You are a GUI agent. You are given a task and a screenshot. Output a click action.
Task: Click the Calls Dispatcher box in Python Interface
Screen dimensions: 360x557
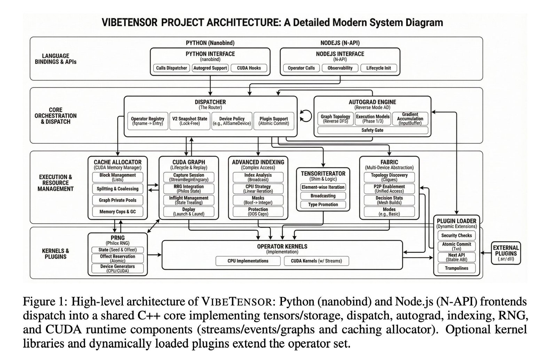click(x=171, y=68)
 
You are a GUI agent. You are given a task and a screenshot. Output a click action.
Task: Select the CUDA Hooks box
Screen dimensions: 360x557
click(x=249, y=68)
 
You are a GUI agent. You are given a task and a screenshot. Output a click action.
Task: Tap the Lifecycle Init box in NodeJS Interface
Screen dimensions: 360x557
click(x=378, y=68)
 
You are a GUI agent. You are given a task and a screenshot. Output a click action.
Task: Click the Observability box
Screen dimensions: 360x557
click(x=340, y=68)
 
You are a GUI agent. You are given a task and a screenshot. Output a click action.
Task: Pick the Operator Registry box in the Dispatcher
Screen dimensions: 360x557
click(x=148, y=121)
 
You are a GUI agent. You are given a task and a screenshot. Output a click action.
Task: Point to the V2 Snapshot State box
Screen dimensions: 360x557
click(x=190, y=121)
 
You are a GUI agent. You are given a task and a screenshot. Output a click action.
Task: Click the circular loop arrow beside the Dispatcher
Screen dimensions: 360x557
click(x=306, y=116)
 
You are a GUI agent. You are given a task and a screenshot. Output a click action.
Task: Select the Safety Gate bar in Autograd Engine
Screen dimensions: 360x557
click(x=372, y=130)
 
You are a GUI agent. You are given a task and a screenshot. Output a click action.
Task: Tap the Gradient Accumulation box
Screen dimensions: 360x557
click(x=410, y=119)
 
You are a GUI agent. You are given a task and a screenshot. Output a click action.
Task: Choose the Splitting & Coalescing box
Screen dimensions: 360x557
click(x=118, y=189)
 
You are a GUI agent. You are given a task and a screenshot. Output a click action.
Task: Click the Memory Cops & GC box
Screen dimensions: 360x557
click(x=118, y=212)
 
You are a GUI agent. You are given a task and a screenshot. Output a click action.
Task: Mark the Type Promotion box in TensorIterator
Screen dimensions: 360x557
click(x=323, y=205)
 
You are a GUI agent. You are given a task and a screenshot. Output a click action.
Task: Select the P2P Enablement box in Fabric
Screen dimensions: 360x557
click(x=389, y=189)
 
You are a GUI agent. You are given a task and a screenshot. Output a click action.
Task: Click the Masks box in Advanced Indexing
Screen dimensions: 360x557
click(x=258, y=200)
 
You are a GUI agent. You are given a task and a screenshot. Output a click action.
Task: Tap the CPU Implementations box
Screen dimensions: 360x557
click(x=248, y=261)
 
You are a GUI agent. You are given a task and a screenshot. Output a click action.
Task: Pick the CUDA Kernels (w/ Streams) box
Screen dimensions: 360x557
click(x=316, y=261)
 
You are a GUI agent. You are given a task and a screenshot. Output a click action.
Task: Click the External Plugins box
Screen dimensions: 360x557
click(x=505, y=253)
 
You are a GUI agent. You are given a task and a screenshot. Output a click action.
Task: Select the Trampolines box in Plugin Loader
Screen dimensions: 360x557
click(x=456, y=268)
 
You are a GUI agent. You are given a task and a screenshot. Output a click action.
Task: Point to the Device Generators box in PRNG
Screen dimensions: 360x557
click(x=117, y=268)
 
